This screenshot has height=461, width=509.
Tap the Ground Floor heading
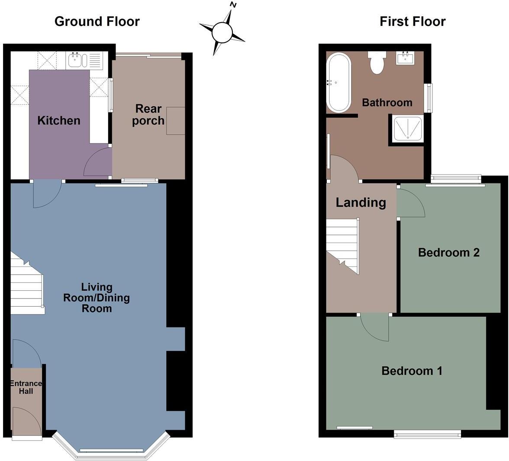97,21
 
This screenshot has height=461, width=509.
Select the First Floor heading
412,21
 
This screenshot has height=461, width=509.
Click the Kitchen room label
59,120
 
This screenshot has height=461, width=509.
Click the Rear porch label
148,114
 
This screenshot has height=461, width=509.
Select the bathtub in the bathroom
339,82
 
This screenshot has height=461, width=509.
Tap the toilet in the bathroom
377,63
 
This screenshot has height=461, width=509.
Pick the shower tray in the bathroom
407,128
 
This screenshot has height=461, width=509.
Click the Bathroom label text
387,103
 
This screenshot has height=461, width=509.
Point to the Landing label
361,202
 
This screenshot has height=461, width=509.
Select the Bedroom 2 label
448,252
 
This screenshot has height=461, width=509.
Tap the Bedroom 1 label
412,371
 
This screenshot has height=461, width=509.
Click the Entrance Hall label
26,387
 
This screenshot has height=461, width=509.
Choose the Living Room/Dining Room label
97,298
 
